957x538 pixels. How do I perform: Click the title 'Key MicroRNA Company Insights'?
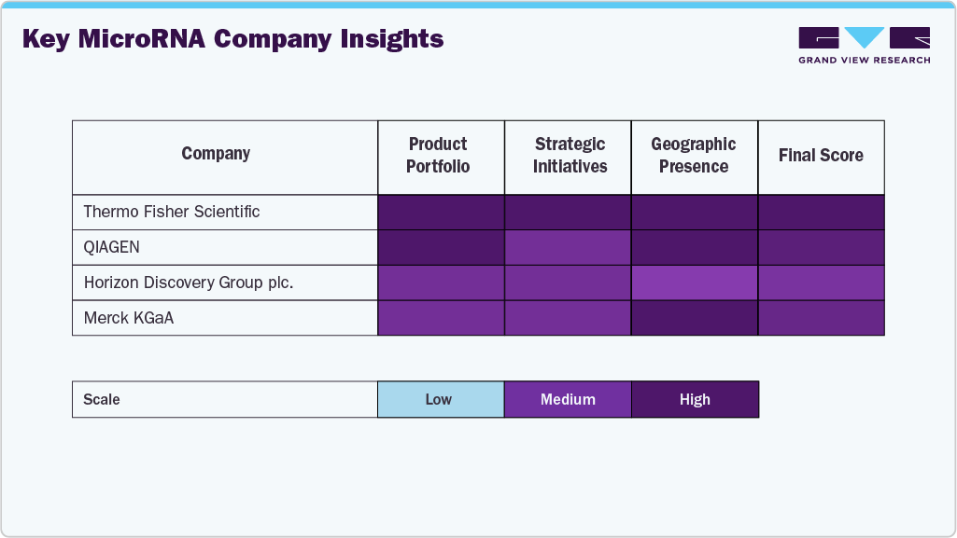[232, 39]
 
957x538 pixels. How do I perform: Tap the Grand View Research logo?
[864, 46]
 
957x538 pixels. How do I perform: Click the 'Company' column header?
[216, 154]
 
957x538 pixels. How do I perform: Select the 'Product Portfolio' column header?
[438, 156]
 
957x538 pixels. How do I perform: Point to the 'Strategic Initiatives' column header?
[570, 156]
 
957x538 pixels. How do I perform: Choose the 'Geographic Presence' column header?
[693, 156]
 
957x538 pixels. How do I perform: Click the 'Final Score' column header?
[821, 156]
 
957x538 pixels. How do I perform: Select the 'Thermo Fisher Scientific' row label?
[172, 212]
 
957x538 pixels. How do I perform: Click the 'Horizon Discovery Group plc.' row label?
[189, 283]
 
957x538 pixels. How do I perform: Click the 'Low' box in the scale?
[439, 399]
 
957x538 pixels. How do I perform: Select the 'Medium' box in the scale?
[568, 399]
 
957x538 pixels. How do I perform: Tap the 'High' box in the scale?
[695, 399]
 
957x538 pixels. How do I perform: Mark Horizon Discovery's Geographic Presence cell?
[695, 283]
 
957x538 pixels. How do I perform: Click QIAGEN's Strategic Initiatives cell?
[568, 247]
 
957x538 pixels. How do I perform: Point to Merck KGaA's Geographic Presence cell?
[695, 318]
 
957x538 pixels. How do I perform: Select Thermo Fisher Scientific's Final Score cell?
[821, 212]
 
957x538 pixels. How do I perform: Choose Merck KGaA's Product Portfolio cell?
[441, 318]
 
